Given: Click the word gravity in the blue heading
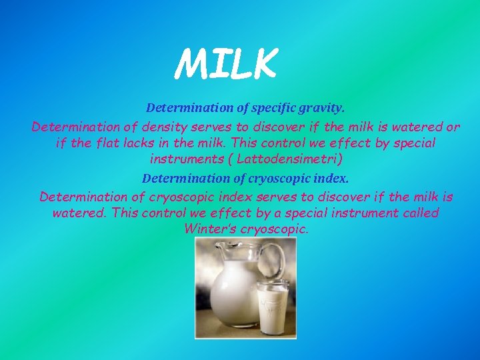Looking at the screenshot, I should (x=323, y=107).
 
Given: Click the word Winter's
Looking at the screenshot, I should (x=209, y=229).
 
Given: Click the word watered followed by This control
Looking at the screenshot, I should (x=80, y=213).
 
